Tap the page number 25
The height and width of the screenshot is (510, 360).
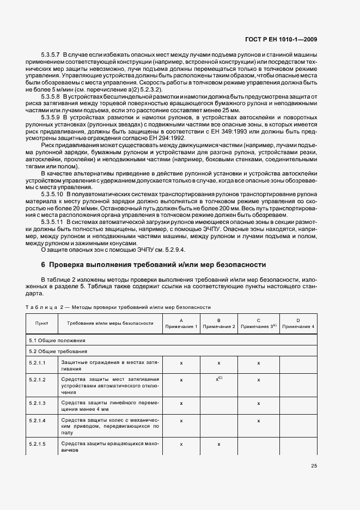pos(314,465)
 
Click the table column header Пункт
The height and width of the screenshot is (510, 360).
pos(42,324)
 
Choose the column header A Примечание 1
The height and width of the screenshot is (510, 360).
pos(181,323)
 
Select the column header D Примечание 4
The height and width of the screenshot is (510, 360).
pos(298,323)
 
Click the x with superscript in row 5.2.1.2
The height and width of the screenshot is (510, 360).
pos(218,379)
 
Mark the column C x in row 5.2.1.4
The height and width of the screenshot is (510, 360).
pos(258,421)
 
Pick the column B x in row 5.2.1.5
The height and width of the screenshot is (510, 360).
pos(218,444)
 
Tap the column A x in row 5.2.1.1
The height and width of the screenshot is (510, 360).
pos(181,362)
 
